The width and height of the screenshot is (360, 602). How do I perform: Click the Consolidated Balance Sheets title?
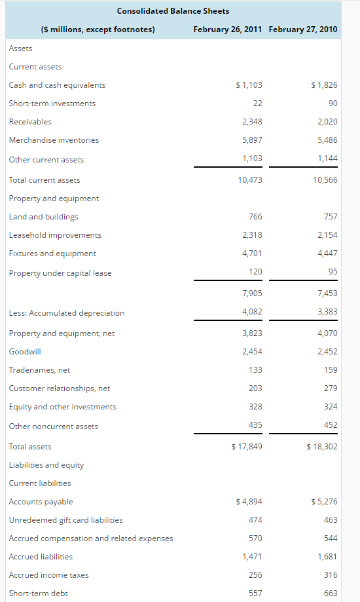(x=173, y=11)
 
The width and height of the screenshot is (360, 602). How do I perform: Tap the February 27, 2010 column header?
(x=303, y=29)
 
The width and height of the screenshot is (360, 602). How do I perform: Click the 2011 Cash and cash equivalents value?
(x=249, y=85)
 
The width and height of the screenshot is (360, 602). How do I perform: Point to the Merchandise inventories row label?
(x=54, y=140)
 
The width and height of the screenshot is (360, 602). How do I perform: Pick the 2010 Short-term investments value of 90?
(x=333, y=103)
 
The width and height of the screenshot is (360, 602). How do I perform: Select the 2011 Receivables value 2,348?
(x=252, y=122)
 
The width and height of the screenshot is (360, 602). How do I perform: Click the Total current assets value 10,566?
(x=326, y=180)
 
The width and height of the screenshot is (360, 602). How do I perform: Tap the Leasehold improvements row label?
(x=55, y=235)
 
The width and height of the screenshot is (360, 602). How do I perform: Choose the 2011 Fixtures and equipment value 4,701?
(x=252, y=254)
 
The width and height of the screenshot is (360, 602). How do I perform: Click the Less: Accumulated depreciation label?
(x=66, y=313)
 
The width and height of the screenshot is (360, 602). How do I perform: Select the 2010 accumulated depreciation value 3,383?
(x=327, y=312)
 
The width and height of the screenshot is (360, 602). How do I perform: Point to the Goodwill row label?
(x=25, y=352)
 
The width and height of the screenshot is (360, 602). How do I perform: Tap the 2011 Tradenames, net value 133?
(x=255, y=370)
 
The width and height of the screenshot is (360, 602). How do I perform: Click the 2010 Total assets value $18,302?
(x=322, y=447)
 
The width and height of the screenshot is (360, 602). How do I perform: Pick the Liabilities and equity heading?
(x=46, y=465)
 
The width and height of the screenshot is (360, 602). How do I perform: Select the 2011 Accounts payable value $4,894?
(x=249, y=502)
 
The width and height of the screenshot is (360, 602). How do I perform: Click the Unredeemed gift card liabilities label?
(x=65, y=520)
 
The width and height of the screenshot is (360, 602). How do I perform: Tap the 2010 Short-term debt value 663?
(x=331, y=593)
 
